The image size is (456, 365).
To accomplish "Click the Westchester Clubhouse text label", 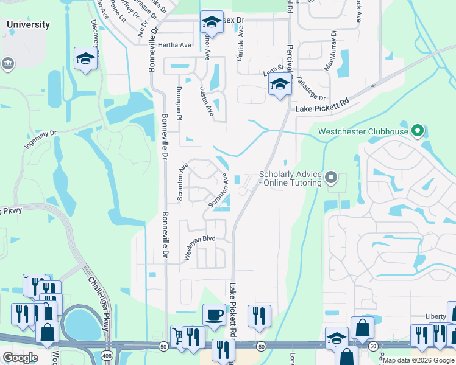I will [362, 131].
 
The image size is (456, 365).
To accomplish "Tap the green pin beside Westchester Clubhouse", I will [418, 130].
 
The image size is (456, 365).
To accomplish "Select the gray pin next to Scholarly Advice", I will [331, 178].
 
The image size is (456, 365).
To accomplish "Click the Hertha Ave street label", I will [174, 45].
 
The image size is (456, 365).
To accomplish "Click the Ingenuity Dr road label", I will [40, 139].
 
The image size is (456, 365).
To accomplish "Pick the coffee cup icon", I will [214, 315].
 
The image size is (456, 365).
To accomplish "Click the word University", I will [28, 25].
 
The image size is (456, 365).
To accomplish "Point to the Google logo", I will [20, 358].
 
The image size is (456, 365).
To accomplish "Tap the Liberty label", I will [436, 318].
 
